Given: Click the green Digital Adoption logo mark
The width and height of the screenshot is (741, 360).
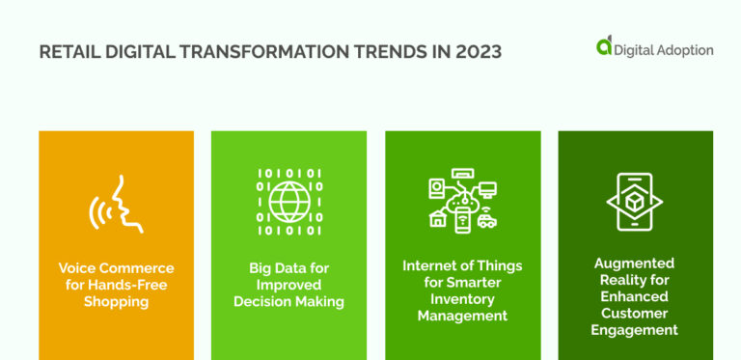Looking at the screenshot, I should click(605, 45).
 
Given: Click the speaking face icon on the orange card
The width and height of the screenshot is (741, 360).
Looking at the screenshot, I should click(116, 203).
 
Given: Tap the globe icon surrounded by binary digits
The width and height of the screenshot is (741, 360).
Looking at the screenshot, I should click(288, 203).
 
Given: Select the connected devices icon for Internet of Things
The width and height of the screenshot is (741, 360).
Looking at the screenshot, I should click(462, 203).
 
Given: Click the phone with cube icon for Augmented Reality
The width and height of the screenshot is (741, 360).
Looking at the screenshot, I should click(635, 203).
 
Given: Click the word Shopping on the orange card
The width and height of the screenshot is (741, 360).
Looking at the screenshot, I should click(116, 302).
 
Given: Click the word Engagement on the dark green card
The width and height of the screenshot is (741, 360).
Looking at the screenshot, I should click(635, 330).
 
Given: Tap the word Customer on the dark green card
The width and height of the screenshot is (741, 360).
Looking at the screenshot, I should click(635, 314).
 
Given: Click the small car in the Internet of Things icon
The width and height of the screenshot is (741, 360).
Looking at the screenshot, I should click(486, 221).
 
